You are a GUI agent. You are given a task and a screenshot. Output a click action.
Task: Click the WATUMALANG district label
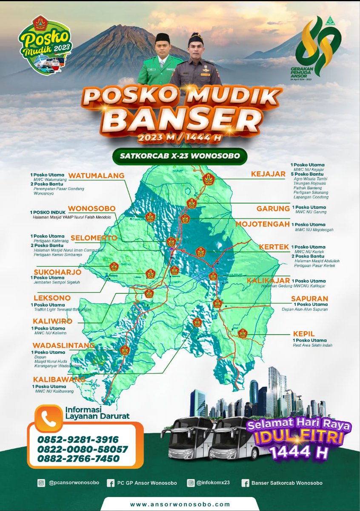pyautogui.click(x=96, y=175)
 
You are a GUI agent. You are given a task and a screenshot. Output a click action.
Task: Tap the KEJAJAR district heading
pyautogui.click(x=268, y=174)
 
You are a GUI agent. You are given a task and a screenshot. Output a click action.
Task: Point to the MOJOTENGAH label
pyautogui.click(x=263, y=224)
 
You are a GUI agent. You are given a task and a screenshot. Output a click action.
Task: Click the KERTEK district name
pyautogui.click(x=274, y=247)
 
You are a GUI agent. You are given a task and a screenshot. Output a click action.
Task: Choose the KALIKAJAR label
pyautogui.click(x=268, y=281)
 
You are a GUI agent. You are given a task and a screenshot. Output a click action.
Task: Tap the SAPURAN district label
pyautogui.click(x=309, y=299)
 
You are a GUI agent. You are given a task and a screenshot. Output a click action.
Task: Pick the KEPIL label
pyautogui.click(x=303, y=333)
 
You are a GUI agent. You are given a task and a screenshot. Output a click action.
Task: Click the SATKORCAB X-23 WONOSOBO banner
pyautogui.click(x=180, y=156)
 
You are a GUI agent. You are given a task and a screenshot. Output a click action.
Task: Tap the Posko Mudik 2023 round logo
pyautogui.click(x=44, y=45)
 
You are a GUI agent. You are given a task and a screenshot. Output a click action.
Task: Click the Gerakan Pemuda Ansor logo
pyautogui.click(x=317, y=48)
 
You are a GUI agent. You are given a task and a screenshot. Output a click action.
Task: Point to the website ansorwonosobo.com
pyautogui.click(x=180, y=504)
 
